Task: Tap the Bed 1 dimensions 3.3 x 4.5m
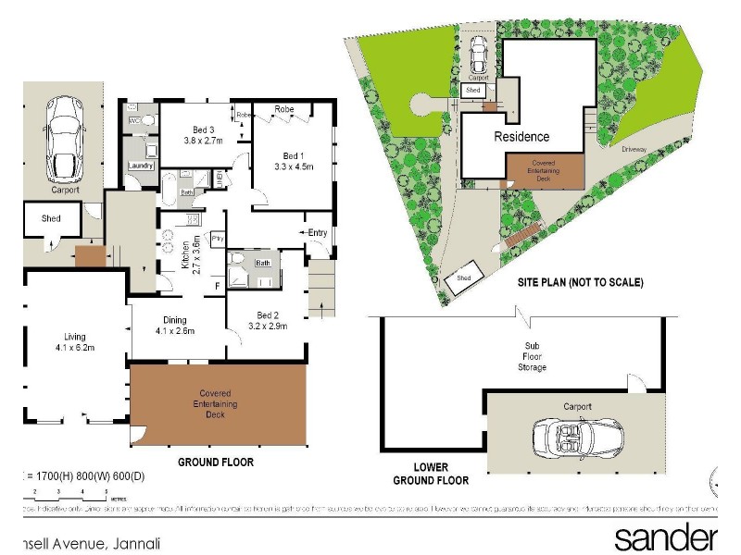pos(295,167)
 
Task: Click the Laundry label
pos(141,166)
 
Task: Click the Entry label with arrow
pos(315,232)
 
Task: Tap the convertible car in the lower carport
pos(565,437)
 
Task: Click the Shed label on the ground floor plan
pos(52,219)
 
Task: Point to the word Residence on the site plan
pos(521,136)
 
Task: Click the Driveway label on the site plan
pos(634,146)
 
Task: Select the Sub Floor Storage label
pos(532,359)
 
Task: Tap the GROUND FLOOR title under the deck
pos(215,462)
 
